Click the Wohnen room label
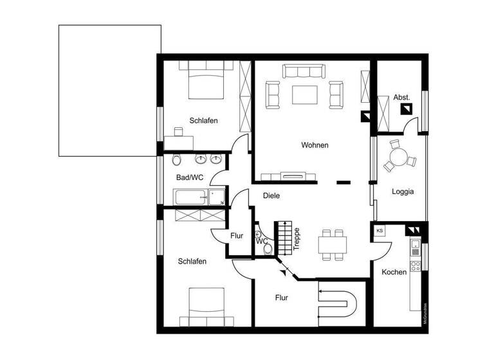315,145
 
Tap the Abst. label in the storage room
401,97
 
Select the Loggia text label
403,191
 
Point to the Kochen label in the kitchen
394,272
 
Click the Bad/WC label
190,177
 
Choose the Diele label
271,196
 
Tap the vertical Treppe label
297,239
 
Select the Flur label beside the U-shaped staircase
281,298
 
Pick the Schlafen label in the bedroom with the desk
203,120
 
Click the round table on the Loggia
399,156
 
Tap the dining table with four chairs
333,244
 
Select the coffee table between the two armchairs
306,94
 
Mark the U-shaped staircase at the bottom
338,305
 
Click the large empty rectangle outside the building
109,90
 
